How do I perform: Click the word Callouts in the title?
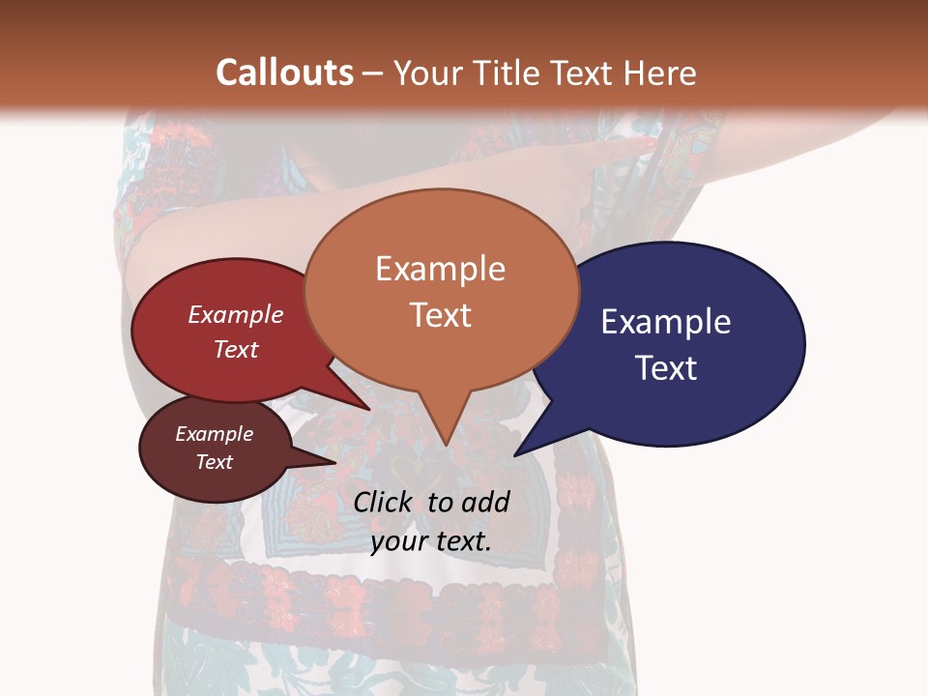(x=284, y=72)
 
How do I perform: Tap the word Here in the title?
(x=660, y=72)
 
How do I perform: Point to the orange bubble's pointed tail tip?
(x=445, y=445)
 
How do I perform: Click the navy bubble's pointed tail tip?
(x=515, y=454)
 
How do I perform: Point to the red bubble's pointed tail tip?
(x=370, y=408)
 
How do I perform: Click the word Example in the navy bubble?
(x=665, y=322)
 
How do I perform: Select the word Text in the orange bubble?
(x=441, y=315)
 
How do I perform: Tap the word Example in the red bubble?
(x=236, y=314)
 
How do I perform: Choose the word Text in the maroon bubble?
(x=214, y=462)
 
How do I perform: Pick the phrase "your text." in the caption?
(x=431, y=541)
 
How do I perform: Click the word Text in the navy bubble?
(x=666, y=367)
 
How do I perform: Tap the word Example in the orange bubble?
(x=441, y=269)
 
